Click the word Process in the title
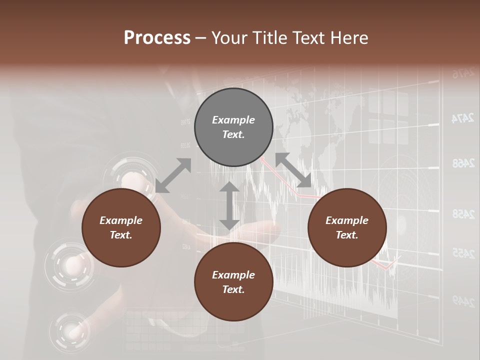[x=157, y=38]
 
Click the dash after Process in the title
[x=200, y=38]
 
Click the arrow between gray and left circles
[x=173, y=175]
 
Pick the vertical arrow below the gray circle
[x=229, y=205]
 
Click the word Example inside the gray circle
[x=233, y=120]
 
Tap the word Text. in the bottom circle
[x=233, y=289]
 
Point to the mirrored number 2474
[x=462, y=118]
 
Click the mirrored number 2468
[x=462, y=163]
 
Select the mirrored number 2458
[x=462, y=214]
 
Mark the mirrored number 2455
[x=462, y=253]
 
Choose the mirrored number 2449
[x=462, y=300]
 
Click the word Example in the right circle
[x=347, y=220]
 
